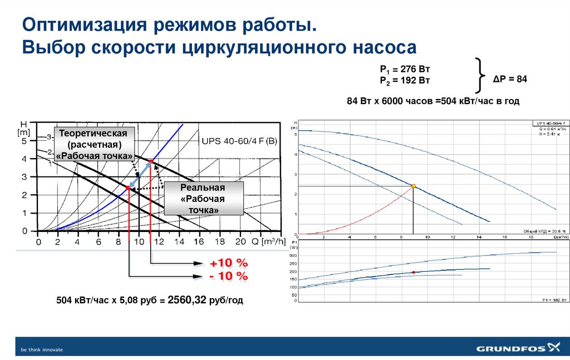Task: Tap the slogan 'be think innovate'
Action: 42,349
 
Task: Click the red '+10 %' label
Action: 228,263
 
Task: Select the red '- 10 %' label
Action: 228,276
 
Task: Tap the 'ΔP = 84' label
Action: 510,79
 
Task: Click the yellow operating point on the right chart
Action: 414,186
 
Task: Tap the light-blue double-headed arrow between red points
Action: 139,175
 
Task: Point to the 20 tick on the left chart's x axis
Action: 240,243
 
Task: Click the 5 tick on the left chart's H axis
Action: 24,141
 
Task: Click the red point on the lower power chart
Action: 414,272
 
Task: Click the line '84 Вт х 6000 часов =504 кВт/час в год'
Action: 433,101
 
